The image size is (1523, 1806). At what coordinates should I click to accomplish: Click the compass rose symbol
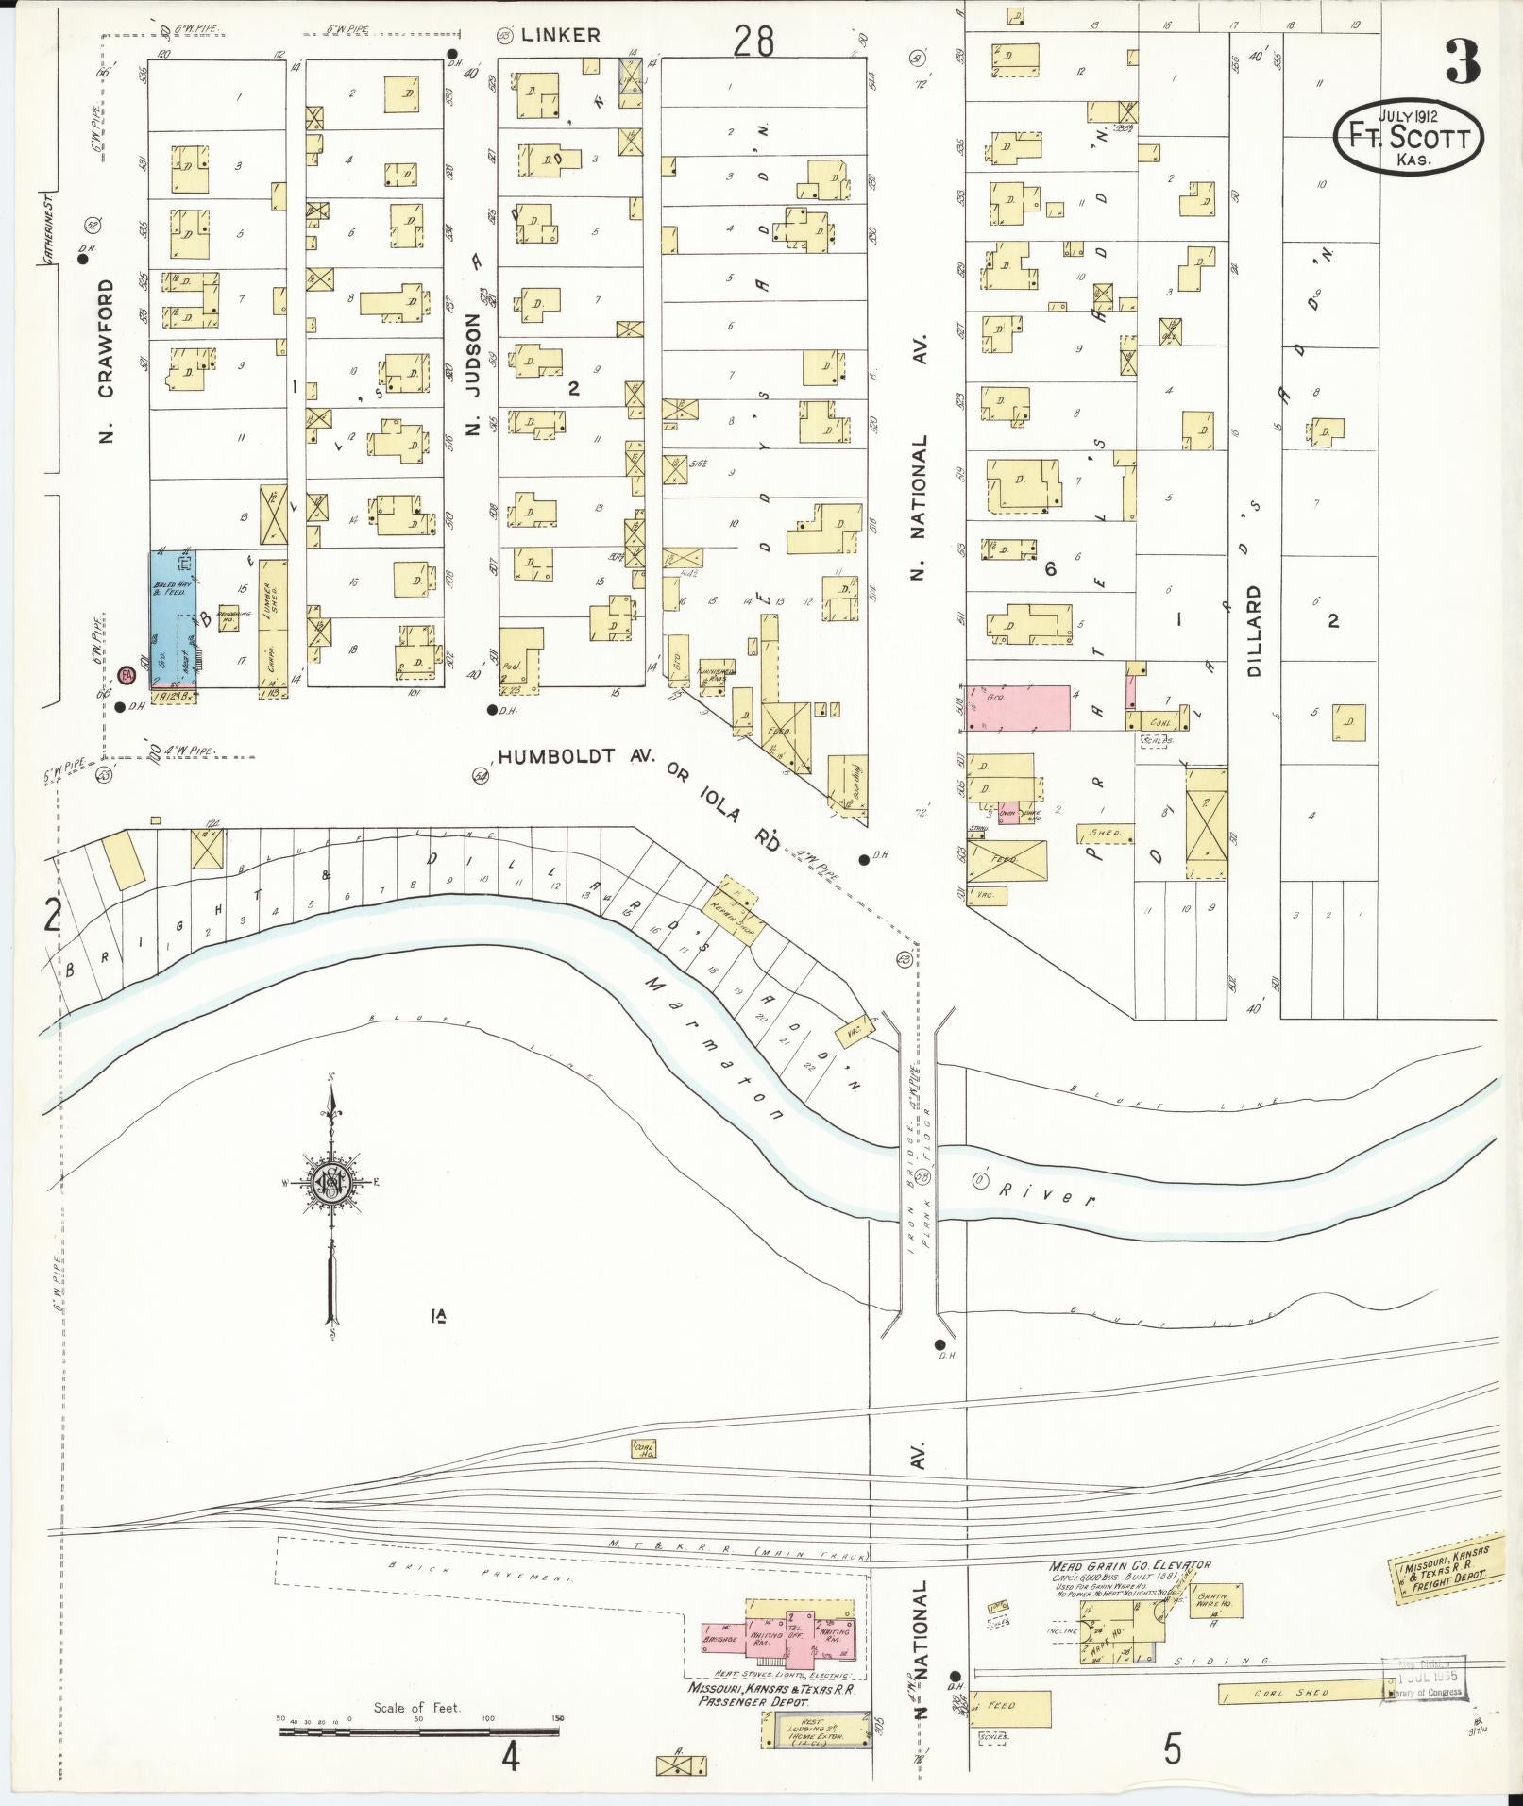[x=331, y=1185]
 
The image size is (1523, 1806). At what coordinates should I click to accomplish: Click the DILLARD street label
[x=1254, y=630]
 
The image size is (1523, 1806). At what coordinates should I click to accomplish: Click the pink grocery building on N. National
[x=1019, y=708]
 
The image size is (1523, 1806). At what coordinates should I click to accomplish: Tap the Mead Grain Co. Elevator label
[x=1129, y=1565]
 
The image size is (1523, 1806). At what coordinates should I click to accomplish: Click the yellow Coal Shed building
[x=1306, y=1694]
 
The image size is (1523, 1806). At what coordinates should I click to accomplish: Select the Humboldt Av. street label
[x=577, y=757]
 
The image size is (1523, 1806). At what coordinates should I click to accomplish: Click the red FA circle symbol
[x=127, y=675]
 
